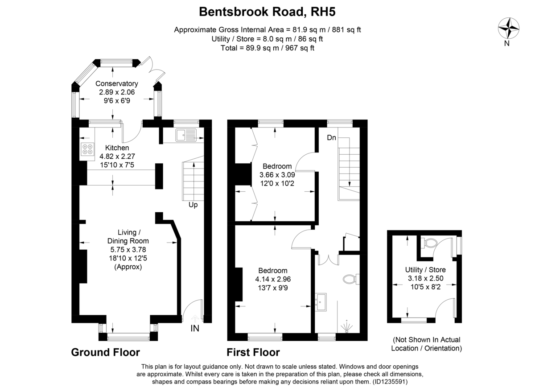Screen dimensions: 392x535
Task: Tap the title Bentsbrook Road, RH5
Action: point(267,12)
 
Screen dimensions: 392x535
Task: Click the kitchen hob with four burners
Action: point(87,149)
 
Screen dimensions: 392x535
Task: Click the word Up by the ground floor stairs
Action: point(193,205)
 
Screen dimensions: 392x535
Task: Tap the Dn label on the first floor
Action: point(331,138)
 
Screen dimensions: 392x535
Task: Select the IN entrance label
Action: point(195,329)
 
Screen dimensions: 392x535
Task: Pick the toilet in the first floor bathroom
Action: point(350,280)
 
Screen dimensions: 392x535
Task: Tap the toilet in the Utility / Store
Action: point(430,243)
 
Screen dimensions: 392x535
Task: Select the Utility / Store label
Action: point(425,270)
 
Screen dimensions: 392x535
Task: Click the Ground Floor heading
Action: point(106,352)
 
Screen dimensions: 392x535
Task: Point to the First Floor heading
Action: point(253,352)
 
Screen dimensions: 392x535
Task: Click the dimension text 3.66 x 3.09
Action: point(277,175)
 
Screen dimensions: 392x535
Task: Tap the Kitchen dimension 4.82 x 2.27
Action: point(117,157)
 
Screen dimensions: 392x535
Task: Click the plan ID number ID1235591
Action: point(390,382)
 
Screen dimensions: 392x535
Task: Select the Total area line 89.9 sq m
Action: point(267,48)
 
